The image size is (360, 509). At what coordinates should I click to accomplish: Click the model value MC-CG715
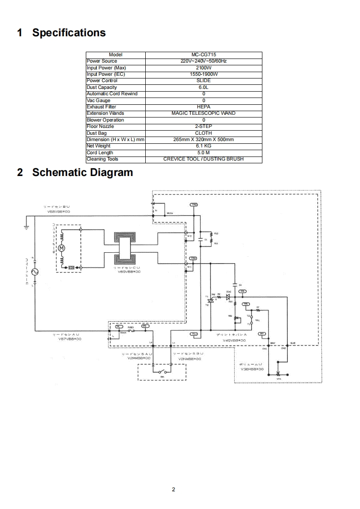(x=203, y=54)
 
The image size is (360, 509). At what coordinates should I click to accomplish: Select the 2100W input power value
(x=203, y=68)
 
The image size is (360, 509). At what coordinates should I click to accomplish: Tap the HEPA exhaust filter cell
(x=203, y=107)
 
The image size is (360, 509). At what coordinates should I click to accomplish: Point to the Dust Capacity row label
(x=102, y=87)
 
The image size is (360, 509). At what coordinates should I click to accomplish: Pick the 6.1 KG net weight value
(x=203, y=146)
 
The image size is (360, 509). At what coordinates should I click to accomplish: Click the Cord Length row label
(x=100, y=153)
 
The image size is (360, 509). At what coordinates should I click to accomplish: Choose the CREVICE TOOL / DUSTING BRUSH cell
(x=203, y=159)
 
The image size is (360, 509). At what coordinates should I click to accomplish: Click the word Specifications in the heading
(x=69, y=33)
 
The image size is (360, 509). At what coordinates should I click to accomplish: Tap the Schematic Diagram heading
(x=82, y=173)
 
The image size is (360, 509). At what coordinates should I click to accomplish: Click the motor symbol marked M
(x=63, y=248)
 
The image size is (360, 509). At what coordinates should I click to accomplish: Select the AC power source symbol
(x=34, y=272)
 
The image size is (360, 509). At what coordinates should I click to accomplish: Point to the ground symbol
(x=26, y=227)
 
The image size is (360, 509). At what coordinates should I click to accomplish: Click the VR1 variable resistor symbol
(x=278, y=375)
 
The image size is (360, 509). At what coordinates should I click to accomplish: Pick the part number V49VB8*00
(x=234, y=340)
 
